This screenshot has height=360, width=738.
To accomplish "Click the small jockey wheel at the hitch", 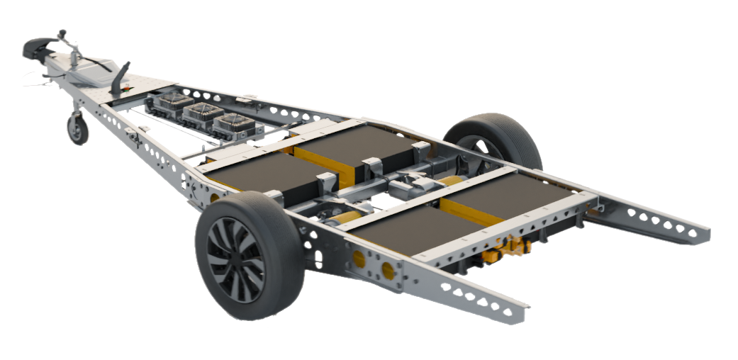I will tap(77, 130).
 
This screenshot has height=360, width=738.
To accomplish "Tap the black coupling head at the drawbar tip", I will tap(34, 47).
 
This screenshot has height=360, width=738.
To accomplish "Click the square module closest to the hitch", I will tap(170, 103).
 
